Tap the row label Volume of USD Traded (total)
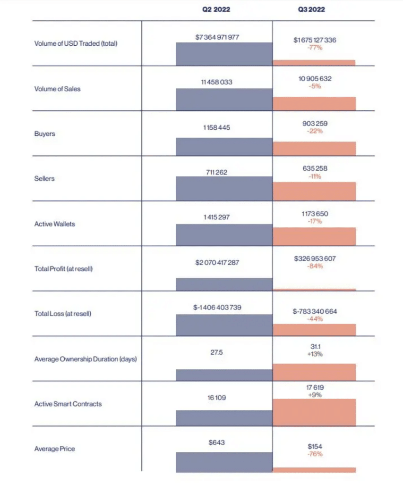coord(76,43)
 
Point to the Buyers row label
coord(45,134)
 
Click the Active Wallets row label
coord(55,224)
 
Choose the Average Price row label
coord(55,449)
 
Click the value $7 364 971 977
coord(217,37)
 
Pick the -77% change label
coord(314,48)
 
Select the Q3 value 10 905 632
coord(315,79)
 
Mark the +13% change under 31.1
coord(314,354)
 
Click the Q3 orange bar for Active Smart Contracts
coord(314,413)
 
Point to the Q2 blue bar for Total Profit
coord(224,284)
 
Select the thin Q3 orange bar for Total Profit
coord(314,290)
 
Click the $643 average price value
coord(217,443)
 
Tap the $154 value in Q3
coord(315,446)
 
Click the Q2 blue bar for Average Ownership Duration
coord(224,375)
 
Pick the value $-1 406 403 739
coord(217,308)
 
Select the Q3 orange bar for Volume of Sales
coord(314,104)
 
